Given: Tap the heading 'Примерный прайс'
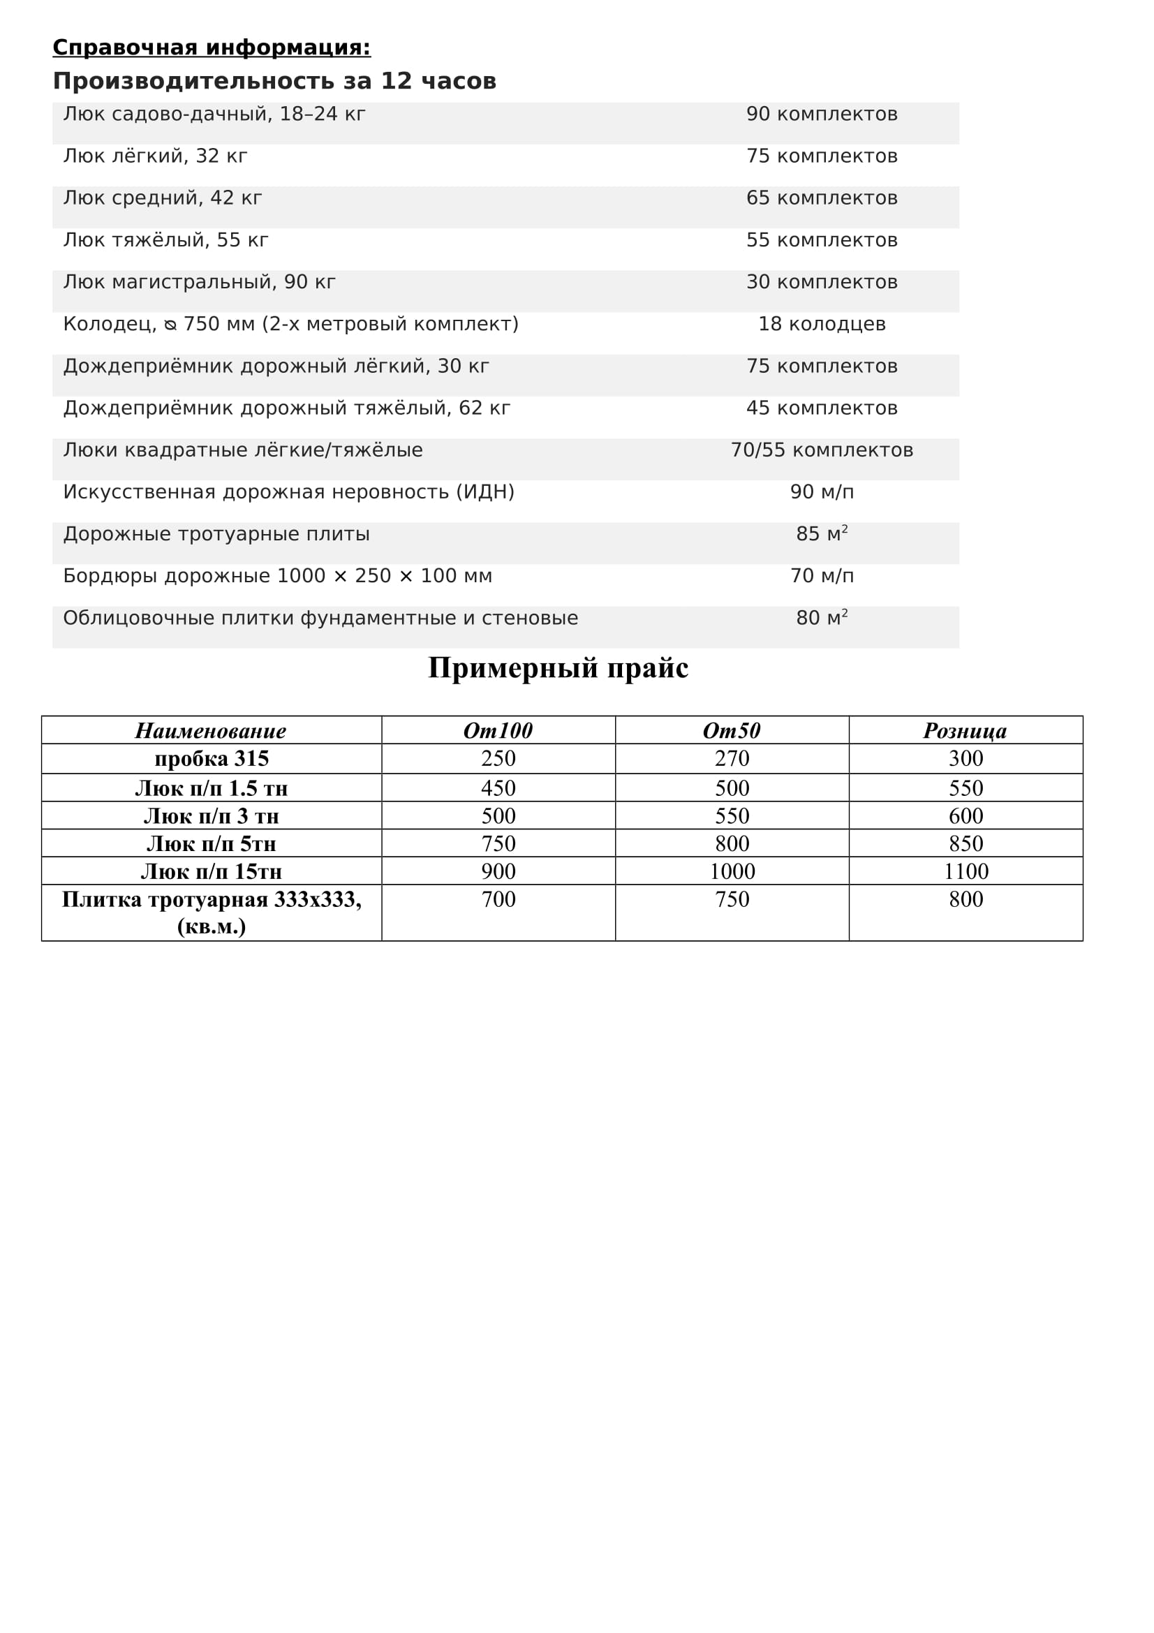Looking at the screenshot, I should (558, 668).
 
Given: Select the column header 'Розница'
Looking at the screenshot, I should (965, 730).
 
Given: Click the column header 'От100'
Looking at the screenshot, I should (498, 730).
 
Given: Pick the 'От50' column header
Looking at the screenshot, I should (732, 730).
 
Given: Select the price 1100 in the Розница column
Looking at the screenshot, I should (966, 871).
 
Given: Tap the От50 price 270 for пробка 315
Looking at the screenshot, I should (732, 759).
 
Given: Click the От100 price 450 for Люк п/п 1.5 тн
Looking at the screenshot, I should (498, 788).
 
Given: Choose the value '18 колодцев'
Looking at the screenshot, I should (822, 325).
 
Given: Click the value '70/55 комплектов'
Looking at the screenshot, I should (822, 450).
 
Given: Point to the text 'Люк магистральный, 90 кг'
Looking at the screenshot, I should (199, 282).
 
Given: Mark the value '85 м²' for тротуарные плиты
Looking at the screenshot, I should (822, 534).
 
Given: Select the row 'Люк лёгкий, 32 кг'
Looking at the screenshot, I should (155, 156).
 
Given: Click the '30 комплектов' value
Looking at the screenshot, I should (822, 282).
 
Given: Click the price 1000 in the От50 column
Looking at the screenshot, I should (732, 871).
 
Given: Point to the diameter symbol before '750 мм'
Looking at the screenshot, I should (170, 325).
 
